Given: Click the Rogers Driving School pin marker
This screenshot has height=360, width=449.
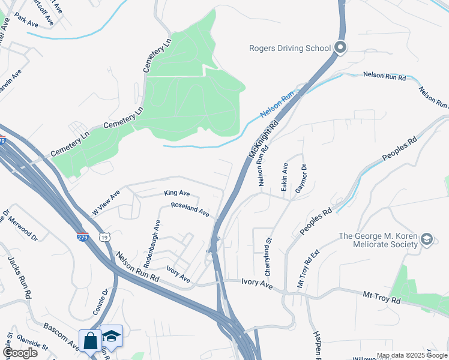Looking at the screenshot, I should point(340,47).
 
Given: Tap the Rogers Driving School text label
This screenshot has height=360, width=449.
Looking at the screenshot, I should point(290,48).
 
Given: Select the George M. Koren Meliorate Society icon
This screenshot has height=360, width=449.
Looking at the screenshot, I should point(426,239).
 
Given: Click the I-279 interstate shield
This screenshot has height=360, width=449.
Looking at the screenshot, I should point(83,238).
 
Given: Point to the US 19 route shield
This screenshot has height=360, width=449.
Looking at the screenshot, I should point(105,238).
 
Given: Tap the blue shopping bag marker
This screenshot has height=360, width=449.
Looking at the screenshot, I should point(90,341).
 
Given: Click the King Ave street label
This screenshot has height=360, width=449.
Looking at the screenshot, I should point(177,194).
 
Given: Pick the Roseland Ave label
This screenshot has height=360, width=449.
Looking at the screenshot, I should point(190,209).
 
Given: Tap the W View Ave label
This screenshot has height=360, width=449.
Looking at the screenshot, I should point(106,203).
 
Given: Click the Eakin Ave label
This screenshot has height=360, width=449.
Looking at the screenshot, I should point(285,174).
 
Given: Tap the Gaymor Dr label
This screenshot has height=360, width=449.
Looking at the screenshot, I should point(301,178).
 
